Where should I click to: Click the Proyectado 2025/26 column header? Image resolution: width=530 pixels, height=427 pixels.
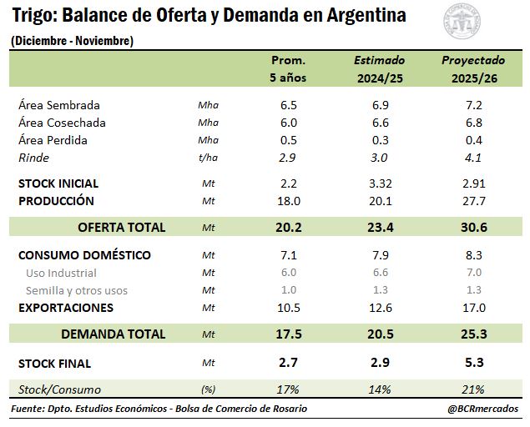tap(473, 69)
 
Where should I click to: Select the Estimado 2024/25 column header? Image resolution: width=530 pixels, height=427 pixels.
tap(379, 69)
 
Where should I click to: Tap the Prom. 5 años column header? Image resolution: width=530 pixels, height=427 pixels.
tap(288, 69)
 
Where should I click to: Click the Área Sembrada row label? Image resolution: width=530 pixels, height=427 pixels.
tap(58, 105)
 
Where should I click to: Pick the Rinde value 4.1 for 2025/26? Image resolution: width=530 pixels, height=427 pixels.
tap(473, 158)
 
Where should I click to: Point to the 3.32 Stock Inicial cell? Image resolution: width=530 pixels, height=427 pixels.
tap(379, 183)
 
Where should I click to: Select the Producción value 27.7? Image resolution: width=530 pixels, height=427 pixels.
tap(473, 201)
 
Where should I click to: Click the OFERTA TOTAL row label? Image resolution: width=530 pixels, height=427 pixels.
tap(121, 227)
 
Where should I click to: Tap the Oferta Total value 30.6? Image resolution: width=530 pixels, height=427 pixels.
tap(473, 227)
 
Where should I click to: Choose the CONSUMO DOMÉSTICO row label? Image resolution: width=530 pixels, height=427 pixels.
tap(84, 255)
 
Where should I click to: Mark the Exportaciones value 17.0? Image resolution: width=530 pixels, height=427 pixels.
tap(473, 308)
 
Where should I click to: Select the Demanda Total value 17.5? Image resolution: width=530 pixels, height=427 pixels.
tap(288, 334)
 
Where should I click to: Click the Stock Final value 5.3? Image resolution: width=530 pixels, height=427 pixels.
tap(473, 363)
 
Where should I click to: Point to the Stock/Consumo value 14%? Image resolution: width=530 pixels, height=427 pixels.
tap(379, 389)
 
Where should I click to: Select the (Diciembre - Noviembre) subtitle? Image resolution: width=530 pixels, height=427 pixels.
tap(72, 41)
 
